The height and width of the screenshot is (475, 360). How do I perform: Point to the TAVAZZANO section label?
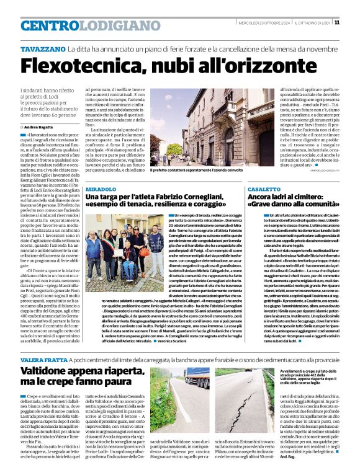pyautogui.click(x=42, y=48)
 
